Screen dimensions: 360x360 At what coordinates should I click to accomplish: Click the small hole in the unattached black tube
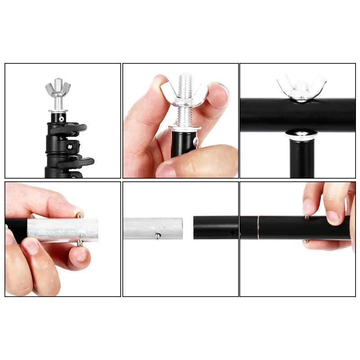(x=231, y=234)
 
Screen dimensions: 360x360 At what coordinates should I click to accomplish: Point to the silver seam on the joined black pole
(x=258, y=228)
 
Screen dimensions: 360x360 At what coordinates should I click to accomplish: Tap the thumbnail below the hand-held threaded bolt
(x=166, y=170)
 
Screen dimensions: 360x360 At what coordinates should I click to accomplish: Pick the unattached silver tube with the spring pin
(x=153, y=228)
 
